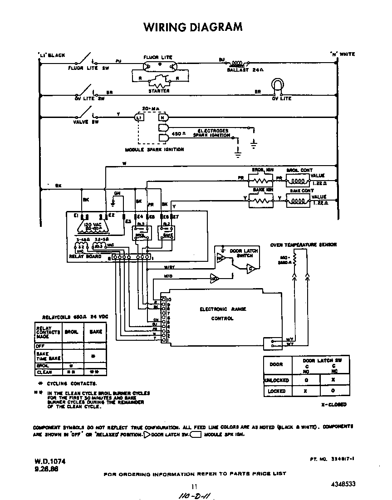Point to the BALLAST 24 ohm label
click(242, 70)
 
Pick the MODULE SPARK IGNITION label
click(154, 149)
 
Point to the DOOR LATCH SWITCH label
click(244, 253)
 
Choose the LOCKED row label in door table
click(276, 391)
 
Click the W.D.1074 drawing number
click(50, 461)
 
